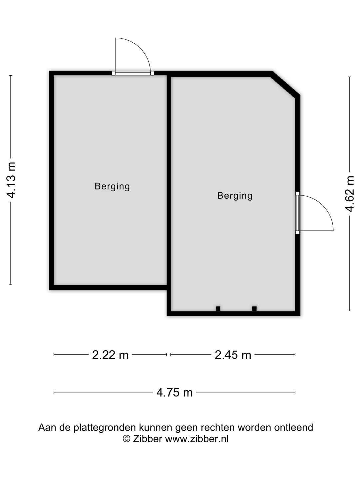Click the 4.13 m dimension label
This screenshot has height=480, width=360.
pyautogui.click(x=11, y=180)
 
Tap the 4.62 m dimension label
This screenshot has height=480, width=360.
pyautogui.click(x=349, y=194)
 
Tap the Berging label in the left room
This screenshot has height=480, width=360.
pyautogui.click(x=112, y=187)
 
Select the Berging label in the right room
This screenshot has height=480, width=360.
pyautogui.click(x=235, y=196)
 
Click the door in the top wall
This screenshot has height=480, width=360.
pyautogui.click(x=133, y=73)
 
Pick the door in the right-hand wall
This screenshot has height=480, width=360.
pyautogui.click(x=297, y=213)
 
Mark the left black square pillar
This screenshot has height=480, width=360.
pyautogui.click(x=218, y=309)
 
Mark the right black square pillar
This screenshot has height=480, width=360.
pyautogui.click(x=254, y=309)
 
